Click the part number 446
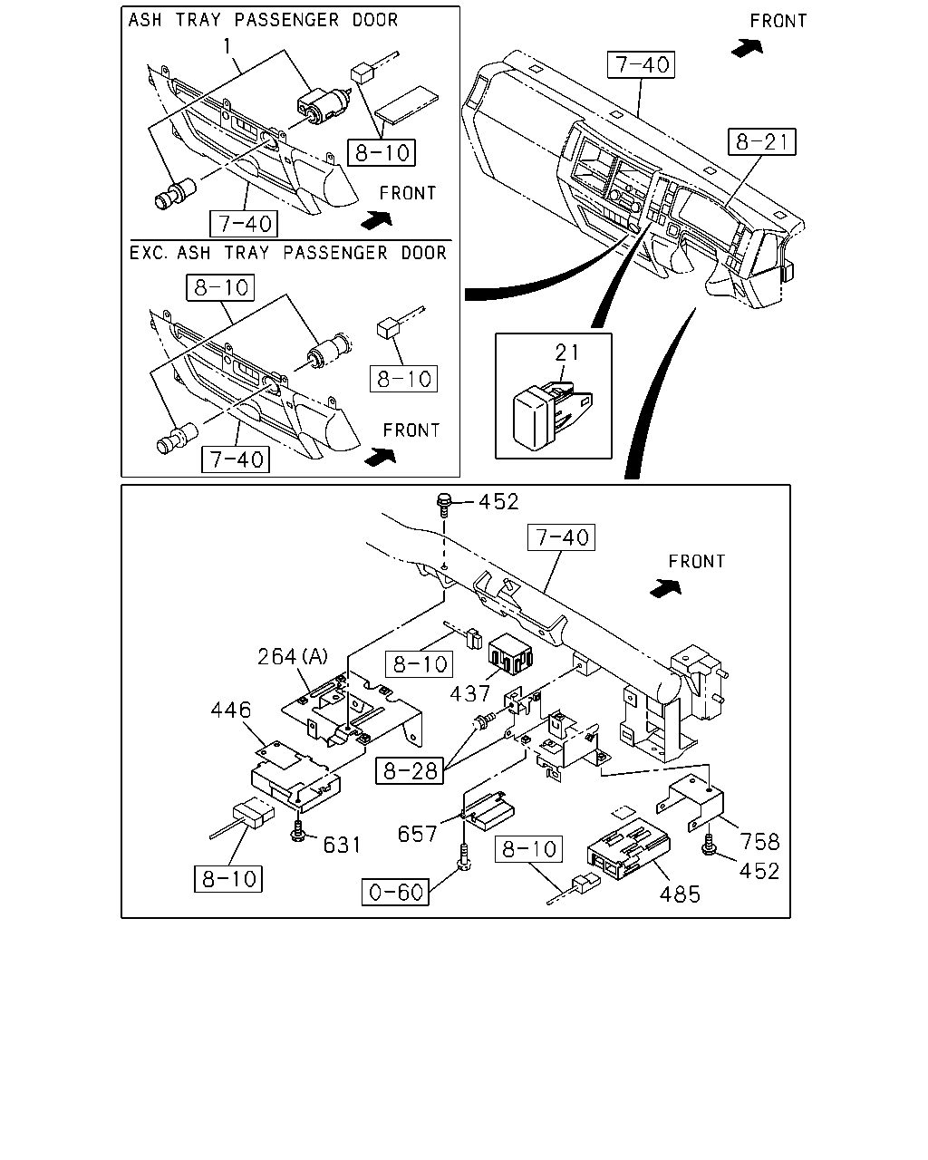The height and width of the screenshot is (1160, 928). pyautogui.click(x=231, y=710)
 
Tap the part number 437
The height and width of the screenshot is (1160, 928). pyautogui.click(x=469, y=694)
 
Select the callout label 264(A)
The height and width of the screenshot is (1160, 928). pyautogui.click(x=292, y=656)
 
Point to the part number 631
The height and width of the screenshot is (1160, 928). pyautogui.click(x=342, y=846)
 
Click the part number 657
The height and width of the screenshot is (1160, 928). pyautogui.click(x=417, y=835)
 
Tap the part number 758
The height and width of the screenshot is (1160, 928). pyautogui.click(x=759, y=841)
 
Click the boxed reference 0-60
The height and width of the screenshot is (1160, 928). pyautogui.click(x=395, y=892)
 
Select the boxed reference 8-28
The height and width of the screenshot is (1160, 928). pyautogui.click(x=410, y=771)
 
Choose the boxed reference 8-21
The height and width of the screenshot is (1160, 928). pyautogui.click(x=762, y=141)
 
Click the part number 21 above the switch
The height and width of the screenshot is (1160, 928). pyautogui.click(x=566, y=353)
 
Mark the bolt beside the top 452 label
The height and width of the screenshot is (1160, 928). pyautogui.click(x=443, y=505)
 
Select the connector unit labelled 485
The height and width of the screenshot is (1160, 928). pyautogui.click(x=629, y=849)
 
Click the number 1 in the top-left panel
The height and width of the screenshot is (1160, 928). pyautogui.click(x=227, y=46)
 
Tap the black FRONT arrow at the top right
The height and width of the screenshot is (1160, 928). pyautogui.click(x=748, y=47)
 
